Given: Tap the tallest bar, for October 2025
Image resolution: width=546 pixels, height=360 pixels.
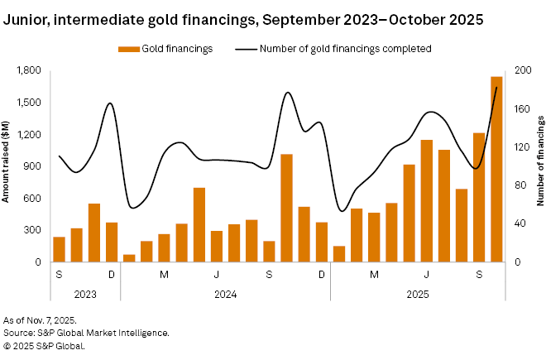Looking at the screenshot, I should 496,170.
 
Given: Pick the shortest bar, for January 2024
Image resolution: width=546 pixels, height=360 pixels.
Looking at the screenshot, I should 129,258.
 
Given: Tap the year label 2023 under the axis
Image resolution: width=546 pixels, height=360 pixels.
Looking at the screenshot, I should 85,293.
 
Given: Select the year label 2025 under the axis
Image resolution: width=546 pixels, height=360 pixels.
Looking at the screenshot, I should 418,293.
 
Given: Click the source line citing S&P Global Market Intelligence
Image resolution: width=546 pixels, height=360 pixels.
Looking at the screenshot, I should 87,333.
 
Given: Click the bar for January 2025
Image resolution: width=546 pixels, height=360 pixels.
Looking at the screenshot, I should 339,254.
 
